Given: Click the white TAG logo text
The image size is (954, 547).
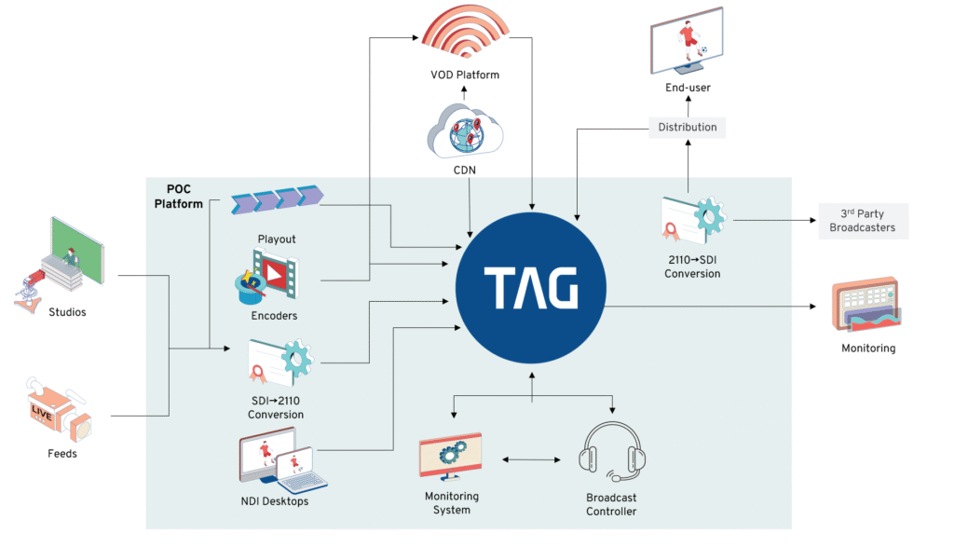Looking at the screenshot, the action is [530, 288].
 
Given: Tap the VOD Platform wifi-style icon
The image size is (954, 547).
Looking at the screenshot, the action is [465, 31].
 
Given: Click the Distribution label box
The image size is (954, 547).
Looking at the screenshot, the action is [688, 127].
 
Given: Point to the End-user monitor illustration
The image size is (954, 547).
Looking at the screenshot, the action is [687, 41].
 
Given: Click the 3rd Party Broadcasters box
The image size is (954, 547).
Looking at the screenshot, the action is [863, 221].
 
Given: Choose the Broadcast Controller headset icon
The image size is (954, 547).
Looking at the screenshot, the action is [611, 451].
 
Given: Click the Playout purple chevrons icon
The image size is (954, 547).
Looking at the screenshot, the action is [277, 199].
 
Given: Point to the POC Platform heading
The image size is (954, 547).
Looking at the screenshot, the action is [178, 197].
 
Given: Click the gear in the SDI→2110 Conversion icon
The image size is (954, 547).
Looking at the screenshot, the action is [296, 359].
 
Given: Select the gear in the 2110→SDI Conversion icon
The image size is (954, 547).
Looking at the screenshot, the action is [709, 215].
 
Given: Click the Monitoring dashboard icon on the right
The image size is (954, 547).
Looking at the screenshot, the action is [866, 304].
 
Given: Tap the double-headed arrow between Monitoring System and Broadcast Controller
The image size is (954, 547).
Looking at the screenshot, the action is [531, 460].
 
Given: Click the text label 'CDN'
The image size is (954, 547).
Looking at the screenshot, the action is [465, 171].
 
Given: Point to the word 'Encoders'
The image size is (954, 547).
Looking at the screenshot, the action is [275, 316].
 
